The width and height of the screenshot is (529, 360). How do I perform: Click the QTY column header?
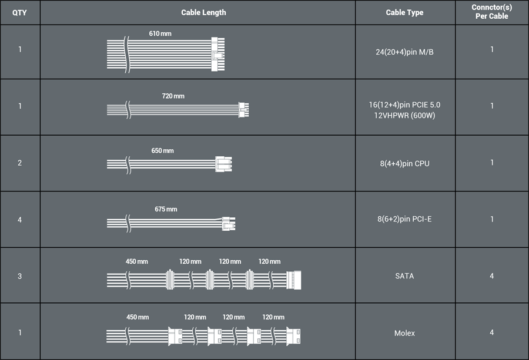click(19, 13)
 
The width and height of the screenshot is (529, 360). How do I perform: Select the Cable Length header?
click(203, 12)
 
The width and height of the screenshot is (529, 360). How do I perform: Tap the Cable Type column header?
click(404, 12)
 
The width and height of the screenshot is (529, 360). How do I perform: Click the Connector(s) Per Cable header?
click(491, 12)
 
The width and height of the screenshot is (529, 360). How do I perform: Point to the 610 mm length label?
click(160, 33)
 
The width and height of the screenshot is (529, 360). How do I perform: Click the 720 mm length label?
click(173, 96)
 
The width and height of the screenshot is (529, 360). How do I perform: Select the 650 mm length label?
click(163, 151)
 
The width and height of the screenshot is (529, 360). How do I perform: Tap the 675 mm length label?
click(166, 209)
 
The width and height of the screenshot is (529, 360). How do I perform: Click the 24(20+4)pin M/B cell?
click(404, 52)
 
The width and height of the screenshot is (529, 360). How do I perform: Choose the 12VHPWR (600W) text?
click(404, 116)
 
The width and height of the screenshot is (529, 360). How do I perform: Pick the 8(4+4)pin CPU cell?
click(404, 163)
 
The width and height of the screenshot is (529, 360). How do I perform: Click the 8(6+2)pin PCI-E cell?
click(404, 219)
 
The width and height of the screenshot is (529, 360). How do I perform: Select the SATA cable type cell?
click(404, 276)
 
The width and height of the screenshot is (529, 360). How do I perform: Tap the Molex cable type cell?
click(404, 333)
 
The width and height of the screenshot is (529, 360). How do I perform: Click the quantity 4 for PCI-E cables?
click(19, 220)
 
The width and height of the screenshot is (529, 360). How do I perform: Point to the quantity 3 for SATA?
click(19, 277)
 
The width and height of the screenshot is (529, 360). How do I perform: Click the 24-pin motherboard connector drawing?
click(218, 54)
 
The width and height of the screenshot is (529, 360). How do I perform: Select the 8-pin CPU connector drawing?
click(224, 164)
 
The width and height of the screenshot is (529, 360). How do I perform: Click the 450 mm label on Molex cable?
click(138, 317)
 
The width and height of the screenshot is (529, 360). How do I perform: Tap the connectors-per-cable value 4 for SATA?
click(491, 276)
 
